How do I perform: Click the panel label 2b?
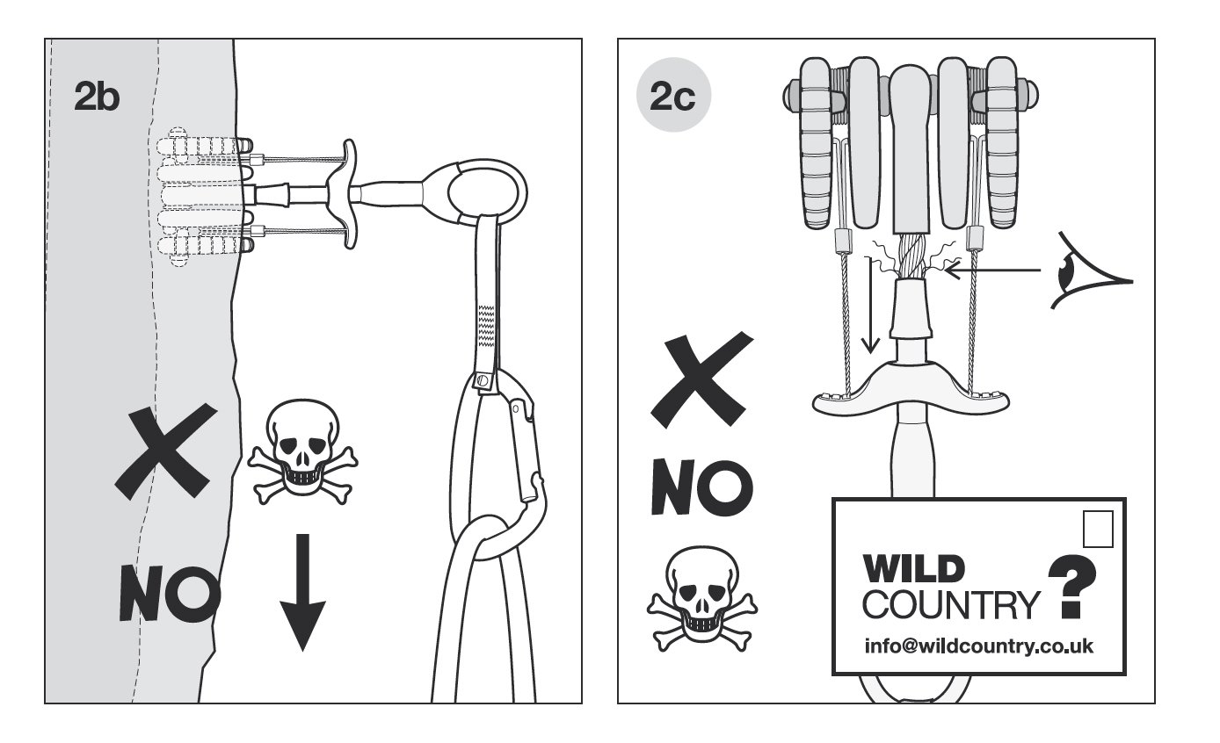pos(97,98)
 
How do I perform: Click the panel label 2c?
pos(672,97)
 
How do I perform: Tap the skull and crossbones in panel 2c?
pos(702,599)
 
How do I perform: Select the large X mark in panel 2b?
pos(166,451)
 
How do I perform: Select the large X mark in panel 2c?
pos(702,380)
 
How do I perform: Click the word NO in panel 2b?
pos(170,593)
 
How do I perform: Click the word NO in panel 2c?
pos(702,487)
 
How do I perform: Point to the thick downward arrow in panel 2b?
pos(302,593)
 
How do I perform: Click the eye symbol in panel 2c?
pos(1091,271)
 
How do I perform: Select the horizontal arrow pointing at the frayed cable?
pos(992,269)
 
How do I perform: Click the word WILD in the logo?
pos(913,568)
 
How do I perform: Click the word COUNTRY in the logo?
pos(951,604)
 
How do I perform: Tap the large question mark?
pos(1072,587)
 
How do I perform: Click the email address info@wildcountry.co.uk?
pos(978,646)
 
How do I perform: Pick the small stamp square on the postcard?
pos(1098,529)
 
